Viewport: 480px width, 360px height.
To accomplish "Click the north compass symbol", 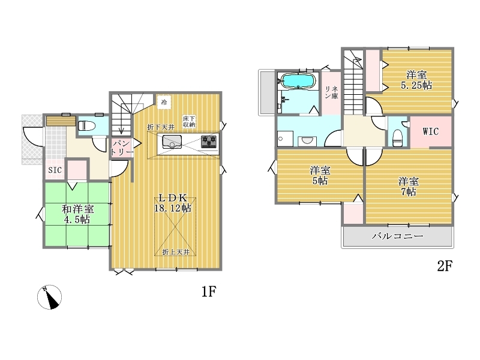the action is pos(49,297).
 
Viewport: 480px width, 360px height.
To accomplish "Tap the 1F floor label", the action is pos(209,292).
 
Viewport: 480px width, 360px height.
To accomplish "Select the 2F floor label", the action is pos(445,266).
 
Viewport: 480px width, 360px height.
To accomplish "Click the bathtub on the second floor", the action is pos(298,81).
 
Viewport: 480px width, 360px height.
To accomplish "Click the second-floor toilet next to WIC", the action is pos(397,138).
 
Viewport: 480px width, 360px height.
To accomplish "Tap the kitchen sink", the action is pos(172,142).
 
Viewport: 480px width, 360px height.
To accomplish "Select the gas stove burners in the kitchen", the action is pos(209,142).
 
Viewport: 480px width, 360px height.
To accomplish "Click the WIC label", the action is pos(430,131).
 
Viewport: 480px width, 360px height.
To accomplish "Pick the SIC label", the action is pos(55,170).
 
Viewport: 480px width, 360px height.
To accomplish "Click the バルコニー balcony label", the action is pos(397,236).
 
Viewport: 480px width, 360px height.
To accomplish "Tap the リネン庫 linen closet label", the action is pos(331,92).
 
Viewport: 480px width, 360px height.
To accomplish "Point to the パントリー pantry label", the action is pos(122,148).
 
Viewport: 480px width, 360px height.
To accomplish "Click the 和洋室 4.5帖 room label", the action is pos(77,214).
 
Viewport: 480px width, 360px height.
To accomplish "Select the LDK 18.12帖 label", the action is pos(172,203).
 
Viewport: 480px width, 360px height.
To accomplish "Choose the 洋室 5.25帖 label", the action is pos(416,80).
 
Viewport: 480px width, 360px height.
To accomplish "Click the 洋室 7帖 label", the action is pos(408,187).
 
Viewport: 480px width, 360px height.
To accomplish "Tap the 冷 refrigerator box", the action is pos(164,102).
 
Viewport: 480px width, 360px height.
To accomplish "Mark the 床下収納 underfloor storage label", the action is pos(188,122).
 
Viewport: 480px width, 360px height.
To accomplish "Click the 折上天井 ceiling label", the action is pos(176,252).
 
